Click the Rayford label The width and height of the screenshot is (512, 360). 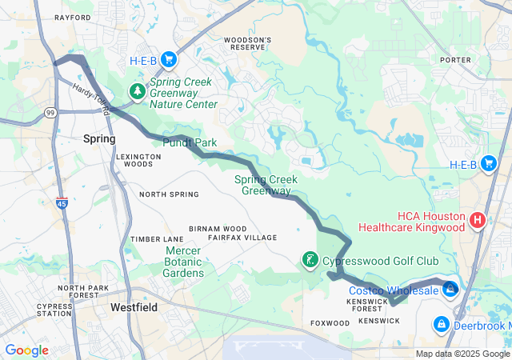[x=73, y=17]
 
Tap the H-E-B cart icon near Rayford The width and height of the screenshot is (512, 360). [x=168, y=59]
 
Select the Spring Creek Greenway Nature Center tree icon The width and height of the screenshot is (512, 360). [x=138, y=90]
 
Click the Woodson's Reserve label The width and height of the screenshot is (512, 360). [x=247, y=43]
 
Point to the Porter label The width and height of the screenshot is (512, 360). [x=455, y=59]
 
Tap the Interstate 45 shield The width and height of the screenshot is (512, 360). [x=62, y=202]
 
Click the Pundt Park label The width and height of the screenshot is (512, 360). [x=190, y=142]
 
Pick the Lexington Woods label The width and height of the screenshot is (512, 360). [x=134, y=159]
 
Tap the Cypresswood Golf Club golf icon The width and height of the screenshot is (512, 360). [x=310, y=260]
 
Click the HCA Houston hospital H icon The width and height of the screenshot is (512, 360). [x=478, y=219]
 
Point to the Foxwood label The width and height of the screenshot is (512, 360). [x=330, y=322]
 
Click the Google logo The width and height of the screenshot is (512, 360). [x=26, y=350]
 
